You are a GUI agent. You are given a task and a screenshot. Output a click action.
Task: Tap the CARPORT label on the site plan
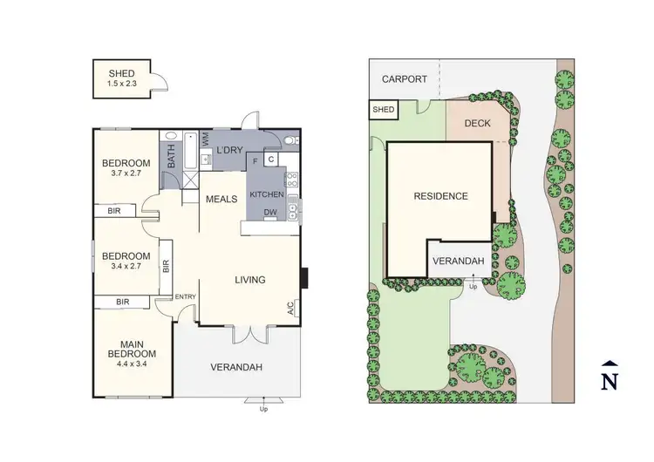pos(405,78)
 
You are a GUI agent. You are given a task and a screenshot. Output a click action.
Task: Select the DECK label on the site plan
pos(477,124)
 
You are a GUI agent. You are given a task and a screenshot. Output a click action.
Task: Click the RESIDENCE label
pos(440,196)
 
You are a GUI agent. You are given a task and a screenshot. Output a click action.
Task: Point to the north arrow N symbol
pos(611,379)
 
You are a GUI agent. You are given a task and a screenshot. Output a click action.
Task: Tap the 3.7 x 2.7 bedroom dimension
pos(126,174)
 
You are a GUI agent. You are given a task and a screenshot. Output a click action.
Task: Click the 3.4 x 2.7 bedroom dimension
pos(126,268)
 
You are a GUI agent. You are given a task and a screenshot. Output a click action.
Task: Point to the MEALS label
pos(221,200)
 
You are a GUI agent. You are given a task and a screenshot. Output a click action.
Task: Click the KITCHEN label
pos(267,194)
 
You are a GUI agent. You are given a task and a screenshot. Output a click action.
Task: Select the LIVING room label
pos(249,280)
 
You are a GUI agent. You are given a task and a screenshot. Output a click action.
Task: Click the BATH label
pos(172,156)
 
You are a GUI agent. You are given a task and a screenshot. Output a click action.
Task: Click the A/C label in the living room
pos(290,308)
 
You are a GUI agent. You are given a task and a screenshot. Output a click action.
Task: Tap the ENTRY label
pos(186,296)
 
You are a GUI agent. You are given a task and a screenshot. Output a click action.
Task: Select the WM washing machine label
pos(205,138)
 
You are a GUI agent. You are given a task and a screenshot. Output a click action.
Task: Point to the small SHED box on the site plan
pos(384,110)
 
